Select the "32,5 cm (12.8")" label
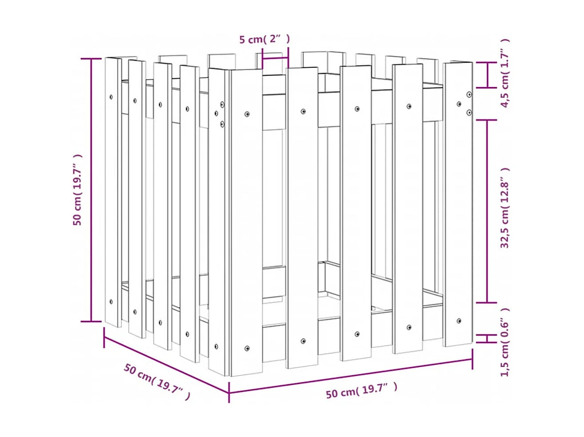coord(505,208)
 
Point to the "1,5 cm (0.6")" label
coord(505,342)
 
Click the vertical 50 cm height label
coord(78,190)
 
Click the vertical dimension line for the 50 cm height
coord(92,190)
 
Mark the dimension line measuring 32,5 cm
coord(488,211)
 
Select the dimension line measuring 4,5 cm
coord(488,75)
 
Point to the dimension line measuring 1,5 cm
coord(488,339)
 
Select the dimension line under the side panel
coord(167,365)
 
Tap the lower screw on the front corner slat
coord(247,348)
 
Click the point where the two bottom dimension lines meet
coord(229,392)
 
